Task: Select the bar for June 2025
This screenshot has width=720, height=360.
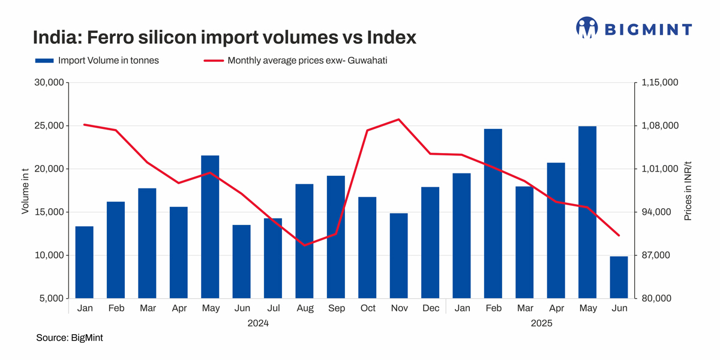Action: click(x=619, y=277)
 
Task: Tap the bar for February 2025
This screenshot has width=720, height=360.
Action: click(x=493, y=214)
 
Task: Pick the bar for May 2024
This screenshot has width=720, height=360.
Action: click(x=210, y=227)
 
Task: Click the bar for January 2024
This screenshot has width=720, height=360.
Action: click(x=85, y=262)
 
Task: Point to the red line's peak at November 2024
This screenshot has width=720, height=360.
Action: click(x=399, y=119)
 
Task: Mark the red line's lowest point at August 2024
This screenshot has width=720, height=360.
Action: click(x=305, y=245)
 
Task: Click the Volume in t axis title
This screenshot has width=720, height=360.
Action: click(x=25, y=191)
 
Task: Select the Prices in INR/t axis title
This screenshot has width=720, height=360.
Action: click(x=688, y=190)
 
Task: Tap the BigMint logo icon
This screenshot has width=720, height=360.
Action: click(x=587, y=28)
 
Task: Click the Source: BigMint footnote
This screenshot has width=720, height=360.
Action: click(x=70, y=338)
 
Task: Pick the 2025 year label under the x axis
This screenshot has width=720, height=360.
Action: click(x=541, y=323)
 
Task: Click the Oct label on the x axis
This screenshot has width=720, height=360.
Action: click(x=368, y=308)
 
